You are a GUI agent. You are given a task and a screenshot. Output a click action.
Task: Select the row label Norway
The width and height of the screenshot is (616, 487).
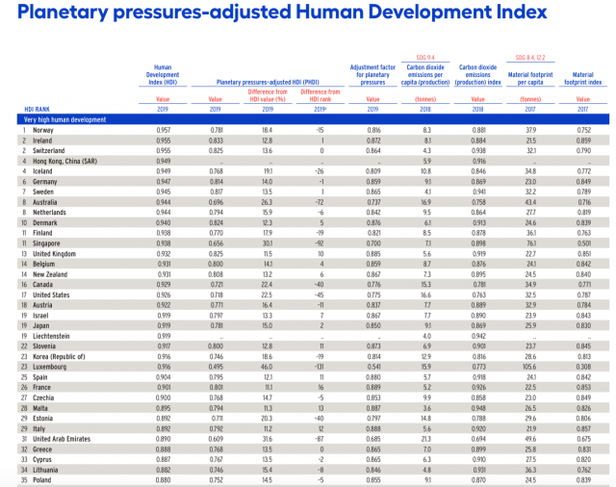[42, 129]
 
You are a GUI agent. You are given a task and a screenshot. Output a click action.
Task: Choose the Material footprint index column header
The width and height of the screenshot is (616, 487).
[583, 77]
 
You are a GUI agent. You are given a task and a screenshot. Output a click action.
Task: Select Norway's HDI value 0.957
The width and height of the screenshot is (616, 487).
[162, 129]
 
